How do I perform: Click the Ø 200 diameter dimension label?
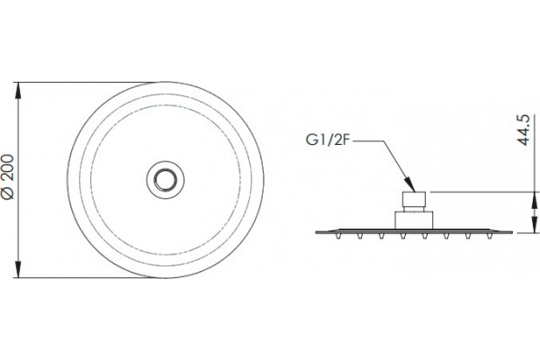click(x=8, y=176)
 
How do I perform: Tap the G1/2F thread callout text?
click(x=328, y=140)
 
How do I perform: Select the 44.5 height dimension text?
click(x=523, y=130)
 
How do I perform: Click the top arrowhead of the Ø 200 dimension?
click(x=18, y=91)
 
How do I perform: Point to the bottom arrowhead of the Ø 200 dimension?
click(x=18, y=269)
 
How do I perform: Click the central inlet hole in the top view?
click(x=166, y=179)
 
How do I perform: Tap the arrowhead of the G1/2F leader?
click(x=409, y=184)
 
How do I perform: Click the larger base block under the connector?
click(x=414, y=220)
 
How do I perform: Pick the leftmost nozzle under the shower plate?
click(x=338, y=236)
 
